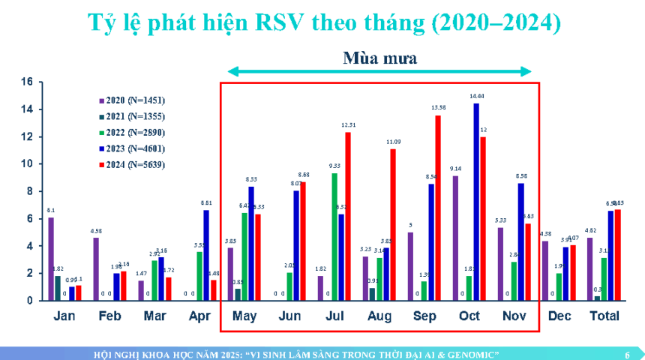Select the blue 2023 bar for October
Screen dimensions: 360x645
[475, 202]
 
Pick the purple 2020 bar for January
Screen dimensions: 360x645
[51, 259]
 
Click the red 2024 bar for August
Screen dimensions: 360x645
[392, 224]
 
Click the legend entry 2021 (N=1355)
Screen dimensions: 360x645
[135, 116]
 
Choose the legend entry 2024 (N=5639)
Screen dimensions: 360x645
[135, 164]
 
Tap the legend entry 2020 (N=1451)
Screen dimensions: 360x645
[135, 100]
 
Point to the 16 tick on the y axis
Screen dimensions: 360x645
[27, 82]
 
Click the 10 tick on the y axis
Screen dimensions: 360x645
[27, 163]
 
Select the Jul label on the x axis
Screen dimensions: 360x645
[334, 316]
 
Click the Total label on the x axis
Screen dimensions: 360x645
[604, 316]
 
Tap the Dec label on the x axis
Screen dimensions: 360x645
[559, 316]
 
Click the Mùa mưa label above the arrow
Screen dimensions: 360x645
[380, 57]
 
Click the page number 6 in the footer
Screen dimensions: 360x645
[627, 354]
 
